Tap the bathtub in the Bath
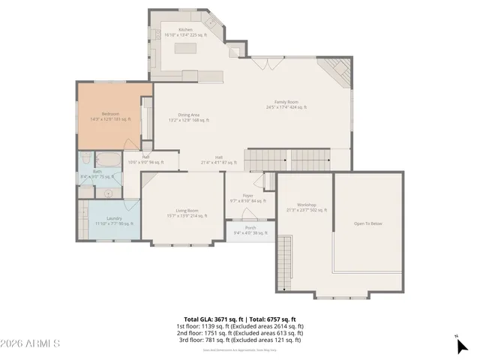click(x=109, y=160)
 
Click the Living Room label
click(x=187, y=212)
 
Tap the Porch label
click(x=250, y=229)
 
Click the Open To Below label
click(x=368, y=223)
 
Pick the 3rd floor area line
click(x=239, y=340)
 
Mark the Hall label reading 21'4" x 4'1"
click(x=218, y=161)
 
